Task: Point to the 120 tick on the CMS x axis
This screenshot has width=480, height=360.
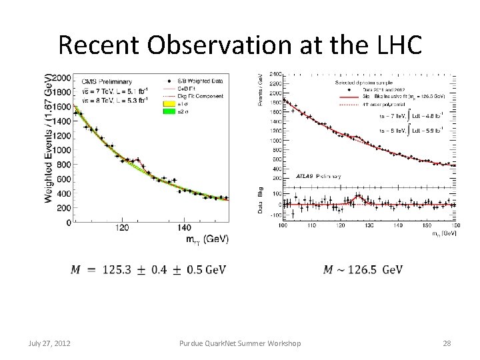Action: (122, 228)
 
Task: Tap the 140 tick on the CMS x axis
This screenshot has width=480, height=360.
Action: (185, 228)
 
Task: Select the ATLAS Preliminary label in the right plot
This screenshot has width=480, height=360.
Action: (318, 177)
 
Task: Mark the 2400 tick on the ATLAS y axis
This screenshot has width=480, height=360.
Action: (275, 73)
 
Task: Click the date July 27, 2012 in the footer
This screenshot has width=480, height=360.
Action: (50, 343)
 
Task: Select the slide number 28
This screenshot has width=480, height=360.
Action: (446, 343)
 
